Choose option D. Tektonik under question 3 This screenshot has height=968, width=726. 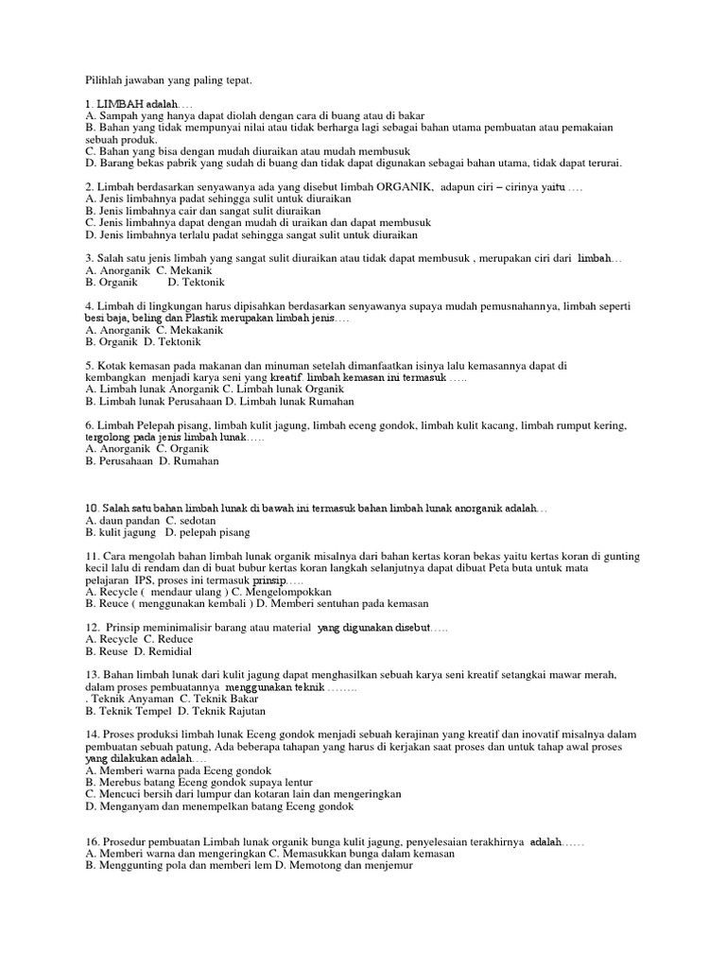pyautogui.click(x=199, y=282)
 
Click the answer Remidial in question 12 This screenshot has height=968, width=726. pyautogui.click(x=169, y=651)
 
